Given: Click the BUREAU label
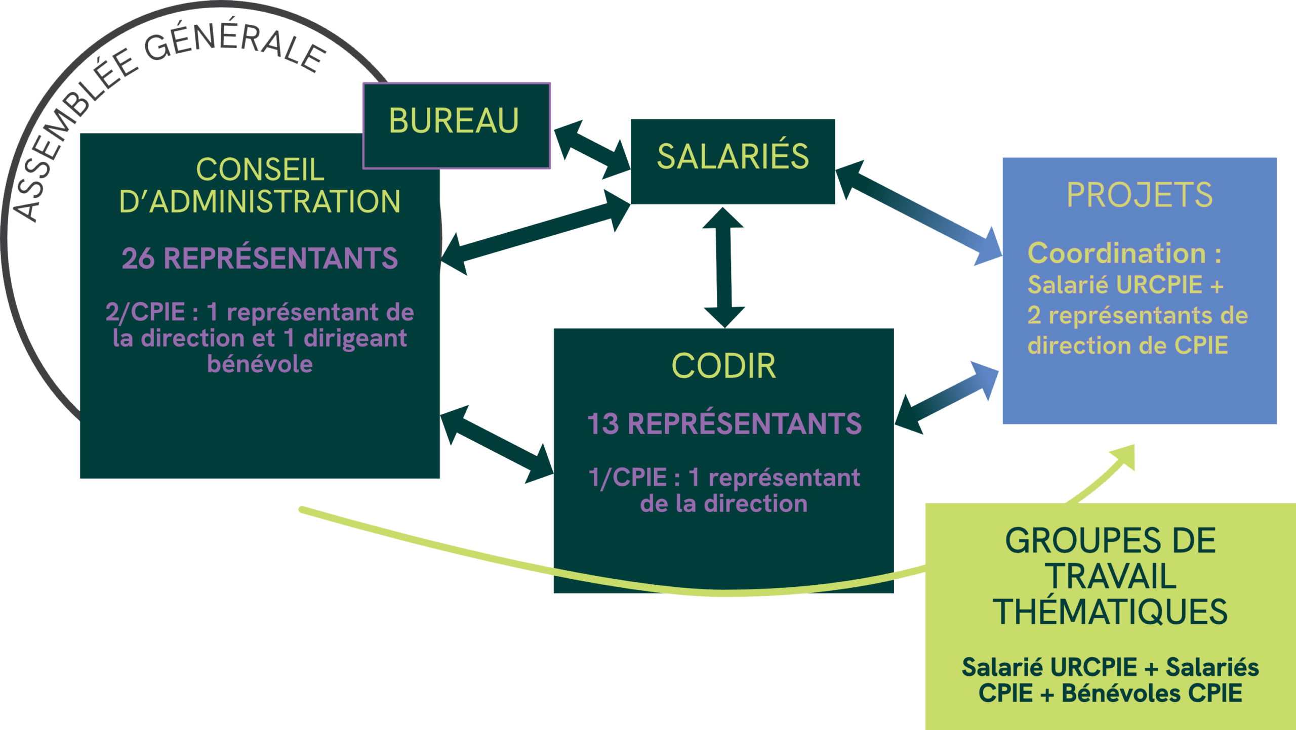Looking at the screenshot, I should pyautogui.click(x=454, y=121).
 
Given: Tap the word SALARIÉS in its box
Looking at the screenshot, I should pyautogui.click(x=733, y=156).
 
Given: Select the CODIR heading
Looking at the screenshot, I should pyautogui.click(x=723, y=366).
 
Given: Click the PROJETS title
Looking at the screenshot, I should pyautogui.click(x=1140, y=195).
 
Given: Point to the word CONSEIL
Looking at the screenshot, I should pyautogui.click(x=260, y=169).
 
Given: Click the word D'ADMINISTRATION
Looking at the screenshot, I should pyautogui.click(x=260, y=201).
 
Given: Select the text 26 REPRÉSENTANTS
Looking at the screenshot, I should pyautogui.click(x=260, y=258).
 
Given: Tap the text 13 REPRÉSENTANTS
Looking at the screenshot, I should pyautogui.click(x=724, y=424).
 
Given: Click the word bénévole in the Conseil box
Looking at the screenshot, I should pyautogui.click(x=260, y=364).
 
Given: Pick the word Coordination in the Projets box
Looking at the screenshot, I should pyautogui.click(x=1116, y=253).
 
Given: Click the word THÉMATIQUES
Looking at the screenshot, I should pyautogui.click(x=1110, y=612).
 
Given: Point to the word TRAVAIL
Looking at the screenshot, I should pyautogui.click(x=1110, y=577).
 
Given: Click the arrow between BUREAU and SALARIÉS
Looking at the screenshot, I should pyautogui.click(x=591, y=149).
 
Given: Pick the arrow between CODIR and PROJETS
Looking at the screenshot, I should pyautogui.click(x=947, y=400).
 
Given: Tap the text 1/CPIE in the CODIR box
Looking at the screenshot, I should pyautogui.click(x=628, y=478).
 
